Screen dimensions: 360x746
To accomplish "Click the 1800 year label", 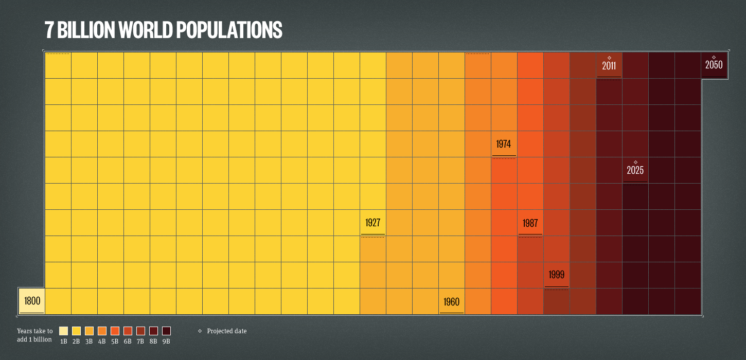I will coord(32,301).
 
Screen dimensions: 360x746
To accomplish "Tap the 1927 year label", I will coord(373,223).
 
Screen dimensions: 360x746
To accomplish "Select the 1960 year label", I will coord(452,301).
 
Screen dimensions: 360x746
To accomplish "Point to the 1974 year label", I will coord(504,144).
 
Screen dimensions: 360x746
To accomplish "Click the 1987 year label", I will coord(530,223).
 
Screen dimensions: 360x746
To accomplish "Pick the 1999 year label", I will coord(557,275).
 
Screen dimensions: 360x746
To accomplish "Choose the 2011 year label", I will coord(609,66).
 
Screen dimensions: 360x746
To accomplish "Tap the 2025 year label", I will coord(635,170).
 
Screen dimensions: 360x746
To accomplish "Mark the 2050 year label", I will coord(714,65).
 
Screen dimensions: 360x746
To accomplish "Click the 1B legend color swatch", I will coord(64,331).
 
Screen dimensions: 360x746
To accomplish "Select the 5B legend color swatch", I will coord(115,331).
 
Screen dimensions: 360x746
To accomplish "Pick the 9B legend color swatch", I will coord(166,331).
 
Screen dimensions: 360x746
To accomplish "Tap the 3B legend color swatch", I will coord(89,331).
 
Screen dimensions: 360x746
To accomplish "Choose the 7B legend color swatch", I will coord(140,331).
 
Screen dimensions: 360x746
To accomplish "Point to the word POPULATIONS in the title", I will coord(229,30).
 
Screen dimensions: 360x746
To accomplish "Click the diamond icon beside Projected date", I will coord(200,331).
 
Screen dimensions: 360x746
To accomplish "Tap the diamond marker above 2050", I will coord(714,57).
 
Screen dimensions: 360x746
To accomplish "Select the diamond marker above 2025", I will coord(635,162).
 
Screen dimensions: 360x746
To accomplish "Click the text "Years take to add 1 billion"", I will coord(34,335).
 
